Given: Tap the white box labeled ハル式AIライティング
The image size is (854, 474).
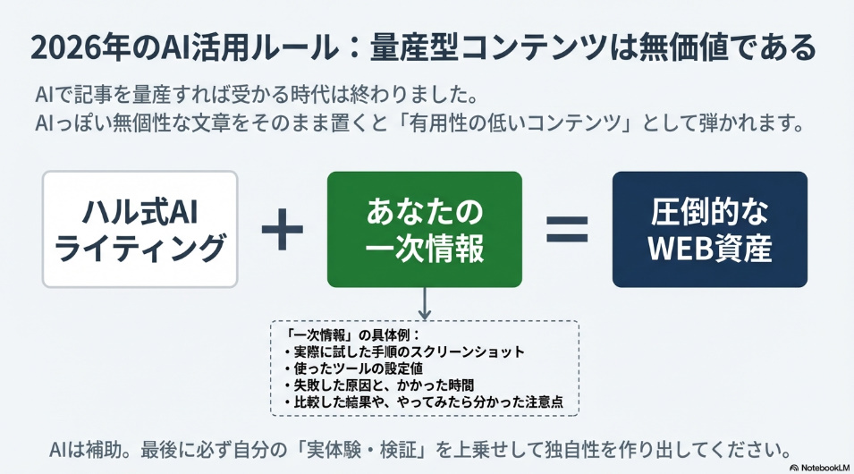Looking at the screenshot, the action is point(140,229).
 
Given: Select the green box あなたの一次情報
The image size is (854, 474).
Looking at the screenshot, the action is point(425,229).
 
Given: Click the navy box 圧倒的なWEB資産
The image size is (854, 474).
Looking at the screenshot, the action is point(710,229).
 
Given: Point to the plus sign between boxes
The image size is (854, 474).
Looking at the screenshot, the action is point(282,229).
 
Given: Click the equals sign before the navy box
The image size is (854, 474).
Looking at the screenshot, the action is point(567,229).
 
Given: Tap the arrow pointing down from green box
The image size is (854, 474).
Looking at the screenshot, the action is point(425,303).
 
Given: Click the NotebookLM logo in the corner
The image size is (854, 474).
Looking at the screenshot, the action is point(819,468).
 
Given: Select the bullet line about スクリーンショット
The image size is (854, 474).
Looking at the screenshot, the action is point(404,351).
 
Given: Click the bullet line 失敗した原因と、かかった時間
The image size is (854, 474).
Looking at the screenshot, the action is point(378,385).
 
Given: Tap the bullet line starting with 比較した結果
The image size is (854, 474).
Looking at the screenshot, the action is point(423,402).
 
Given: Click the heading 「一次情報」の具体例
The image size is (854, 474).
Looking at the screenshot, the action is point(352,334).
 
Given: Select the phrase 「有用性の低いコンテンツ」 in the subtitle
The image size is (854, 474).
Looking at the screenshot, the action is point(512,123).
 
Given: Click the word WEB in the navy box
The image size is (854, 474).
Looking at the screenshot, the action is point(681,248).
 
